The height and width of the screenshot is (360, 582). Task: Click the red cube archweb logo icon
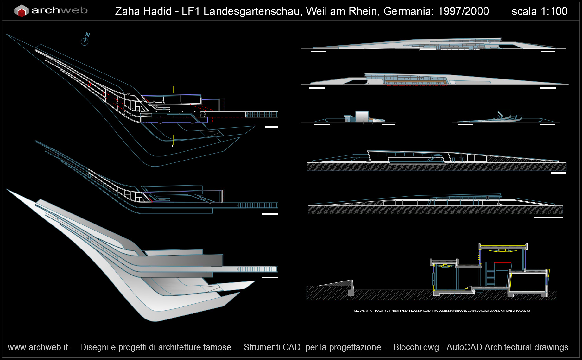pyautogui.click(x=22, y=11)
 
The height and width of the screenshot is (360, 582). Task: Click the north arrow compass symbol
pyautogui.click(x=85, y=40)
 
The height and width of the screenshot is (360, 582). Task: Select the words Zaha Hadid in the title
pyautogui.click(x=143, y=11)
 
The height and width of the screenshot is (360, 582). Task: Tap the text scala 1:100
pyautogui.click(x=539, y=11)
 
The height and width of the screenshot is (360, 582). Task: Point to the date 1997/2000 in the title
pyautogui.click(x=463, y=11)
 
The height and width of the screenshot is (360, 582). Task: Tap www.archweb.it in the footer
pyautogui.click(x=38, y=347)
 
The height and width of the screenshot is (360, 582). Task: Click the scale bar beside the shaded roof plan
pyautogui.click(x=270, y=278)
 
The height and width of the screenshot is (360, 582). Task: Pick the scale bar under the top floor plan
pyautogui.click(x=271, y=127)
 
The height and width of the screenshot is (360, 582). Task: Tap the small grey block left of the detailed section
pyautogui.click(x=351, y=293)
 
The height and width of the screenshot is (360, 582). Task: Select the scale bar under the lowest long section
pyautogui.click(x=548, y=218)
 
